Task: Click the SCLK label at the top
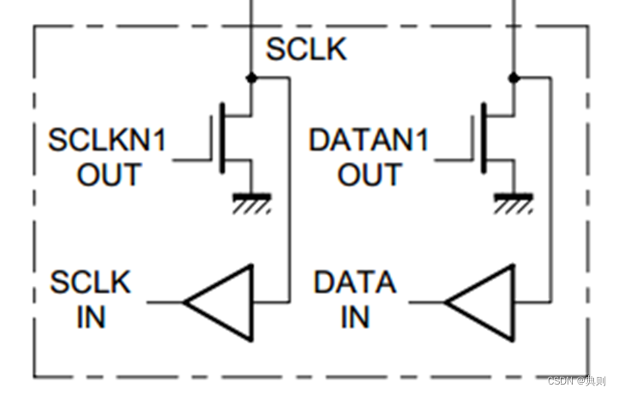coord(306,51)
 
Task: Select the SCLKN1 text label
coord(106,140)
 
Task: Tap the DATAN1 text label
coord(368,140)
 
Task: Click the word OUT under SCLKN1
coord(109,176)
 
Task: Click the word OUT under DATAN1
coord(370,176)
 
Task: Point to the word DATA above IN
coord(355,282)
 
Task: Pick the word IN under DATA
coord(355,317)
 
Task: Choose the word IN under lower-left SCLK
coord(91,317)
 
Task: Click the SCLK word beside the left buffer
coord(91,282)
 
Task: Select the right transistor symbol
coord(494,137)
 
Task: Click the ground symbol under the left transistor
coord(251,202)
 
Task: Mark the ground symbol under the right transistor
coord(514,202)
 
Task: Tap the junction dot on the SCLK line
coord(251,77)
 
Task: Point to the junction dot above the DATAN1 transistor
coord(514,77)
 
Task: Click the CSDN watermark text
coord(577,379)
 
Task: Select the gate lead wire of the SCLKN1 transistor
coord(191,159)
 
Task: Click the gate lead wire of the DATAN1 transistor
coord(454,159)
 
